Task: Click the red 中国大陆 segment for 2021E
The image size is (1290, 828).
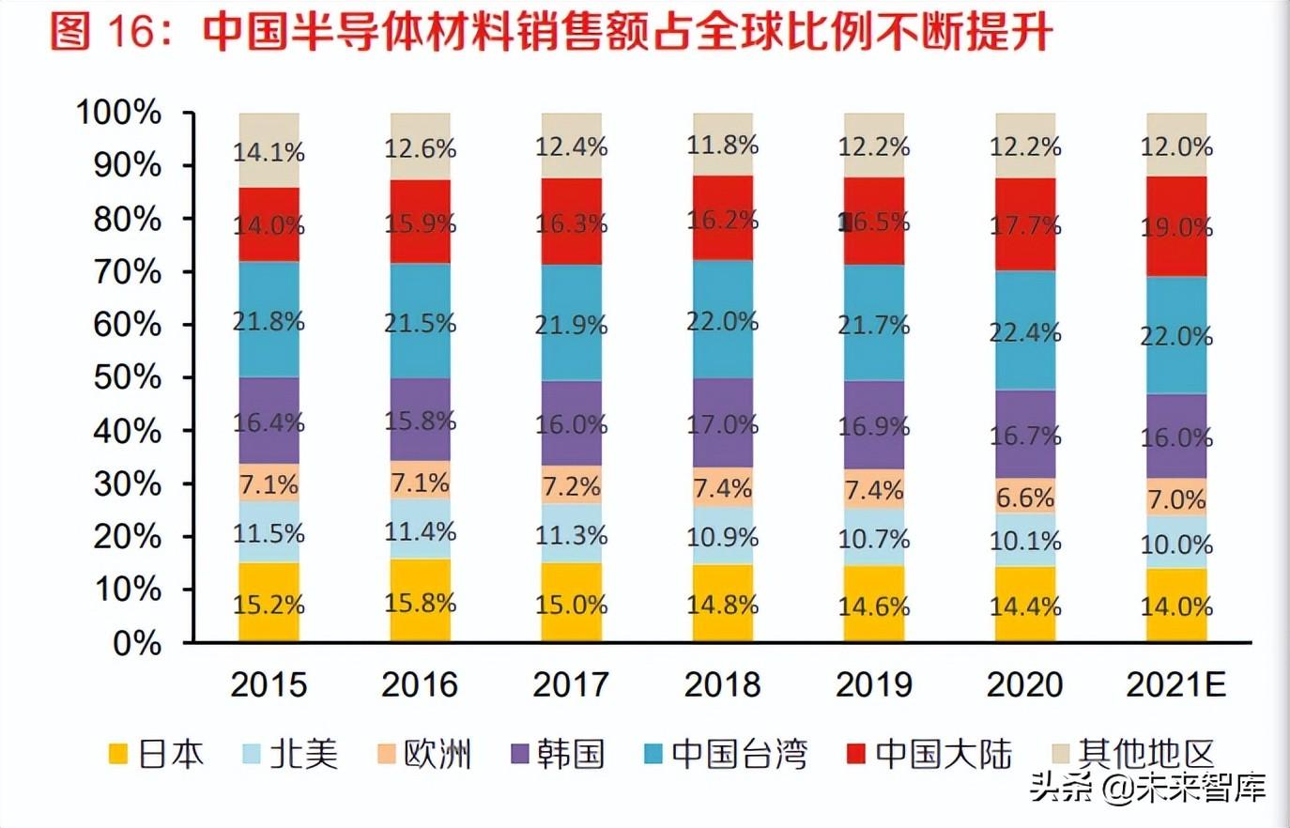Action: [x=1176, y=227]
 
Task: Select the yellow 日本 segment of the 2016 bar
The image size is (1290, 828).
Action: [x=421, y=601]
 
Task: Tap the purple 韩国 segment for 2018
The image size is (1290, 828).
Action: [x=723, y=422]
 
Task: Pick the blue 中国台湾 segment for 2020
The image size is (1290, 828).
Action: [x=1025, y=330]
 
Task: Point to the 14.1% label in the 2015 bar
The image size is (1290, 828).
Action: [x=269, y=151]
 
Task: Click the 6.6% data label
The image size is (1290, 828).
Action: [x=1025, y=497]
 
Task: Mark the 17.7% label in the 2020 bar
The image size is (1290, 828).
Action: [x=1025, y=225]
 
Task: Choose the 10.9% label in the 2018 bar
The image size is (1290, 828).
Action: [x=722, y=536]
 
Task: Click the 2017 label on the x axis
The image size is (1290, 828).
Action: [x=571, y=684]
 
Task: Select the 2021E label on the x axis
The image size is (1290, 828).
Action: [x=1176, y=684]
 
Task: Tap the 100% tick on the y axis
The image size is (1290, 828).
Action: [x=119, y=113]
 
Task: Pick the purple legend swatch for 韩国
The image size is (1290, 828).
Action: [x=521, y=754]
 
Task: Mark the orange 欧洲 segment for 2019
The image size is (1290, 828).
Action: [x=874, y=489]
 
